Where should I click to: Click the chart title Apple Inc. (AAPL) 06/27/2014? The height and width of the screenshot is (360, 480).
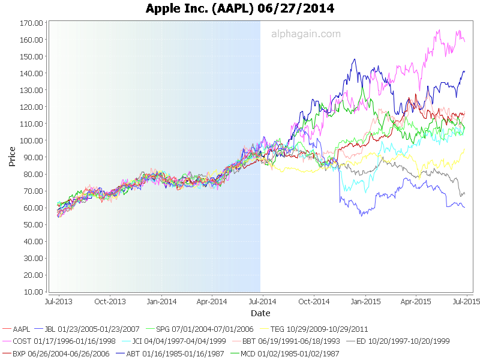click(x=240, y=8)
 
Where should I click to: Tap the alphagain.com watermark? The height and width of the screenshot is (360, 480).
click(x=306, y=34)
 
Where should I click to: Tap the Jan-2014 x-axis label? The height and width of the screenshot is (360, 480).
click(x=161, y=301)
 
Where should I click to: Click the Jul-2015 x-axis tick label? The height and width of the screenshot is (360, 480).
click(x=466, y=301)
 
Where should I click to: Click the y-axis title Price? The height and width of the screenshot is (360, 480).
click(x=13, y=157)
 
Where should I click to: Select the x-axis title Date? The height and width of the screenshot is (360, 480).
click(x=260, y=313)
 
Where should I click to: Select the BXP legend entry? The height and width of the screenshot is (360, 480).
click(x=61, y=353)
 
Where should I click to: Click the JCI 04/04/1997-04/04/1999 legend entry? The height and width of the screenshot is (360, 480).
click(x=178, y=341)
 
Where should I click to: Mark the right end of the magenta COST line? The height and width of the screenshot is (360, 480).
click(x=464, y=41)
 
